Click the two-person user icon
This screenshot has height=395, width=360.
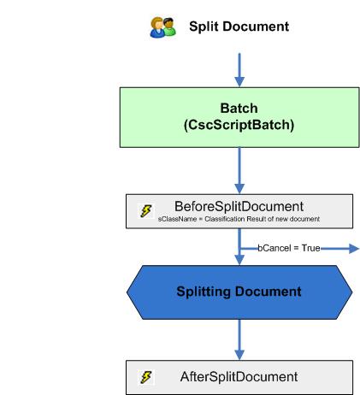click(162, 27)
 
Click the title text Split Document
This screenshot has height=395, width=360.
click(239, 27)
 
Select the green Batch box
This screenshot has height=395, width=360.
click(239, 116)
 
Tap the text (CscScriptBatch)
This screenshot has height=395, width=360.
click(239, 125)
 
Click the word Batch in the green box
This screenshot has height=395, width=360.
click(239, 109)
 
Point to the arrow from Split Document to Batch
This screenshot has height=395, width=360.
click(239, 68)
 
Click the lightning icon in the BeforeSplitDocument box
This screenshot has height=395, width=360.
click(146, 210)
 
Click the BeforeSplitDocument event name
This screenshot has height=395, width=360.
click(239, 206)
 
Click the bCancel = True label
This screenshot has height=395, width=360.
click(289, 249)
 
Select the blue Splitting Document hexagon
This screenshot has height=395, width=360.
click(239, 292)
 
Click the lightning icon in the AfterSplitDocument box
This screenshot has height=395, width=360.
click(146, 377)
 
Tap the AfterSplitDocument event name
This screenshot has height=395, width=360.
click(239, 377)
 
